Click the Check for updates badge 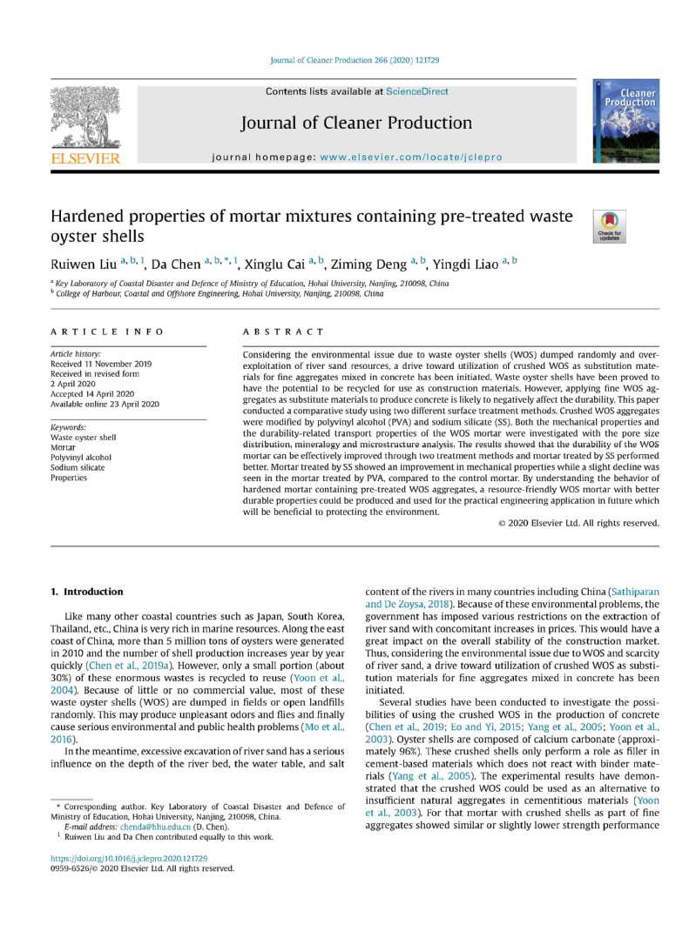coord(609,225)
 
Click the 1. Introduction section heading coord(86,592)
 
